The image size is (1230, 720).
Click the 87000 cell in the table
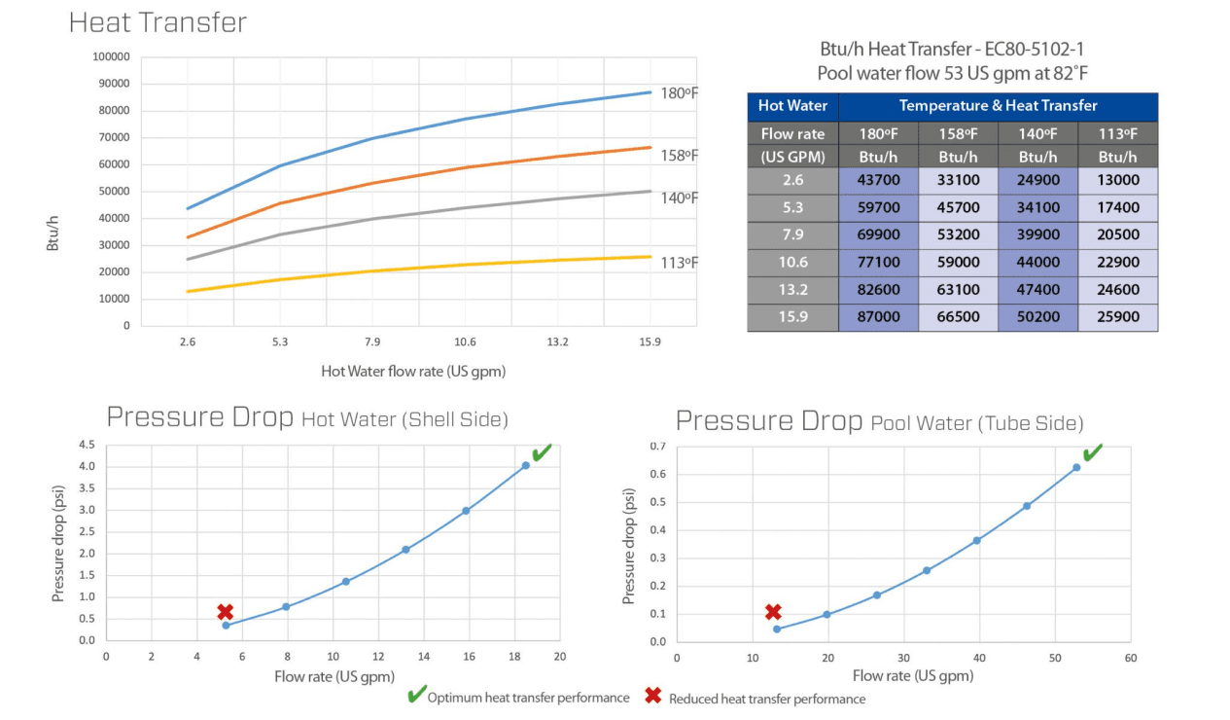click(x=879, y=317)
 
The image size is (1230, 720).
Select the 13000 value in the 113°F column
click(x=1117, y=180)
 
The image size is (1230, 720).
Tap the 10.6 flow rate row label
click(x=792, y=263)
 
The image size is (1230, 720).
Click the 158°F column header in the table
click(x=958, y=133)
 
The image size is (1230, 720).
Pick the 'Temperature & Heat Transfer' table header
click(x=998, y=106)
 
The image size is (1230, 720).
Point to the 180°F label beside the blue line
click(x=680, y=93)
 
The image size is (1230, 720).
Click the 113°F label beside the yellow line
click(x=680, y=263)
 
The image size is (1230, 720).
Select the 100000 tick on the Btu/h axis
click(x=111, y=56)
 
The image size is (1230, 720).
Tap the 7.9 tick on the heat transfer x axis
click(x=371, y=342)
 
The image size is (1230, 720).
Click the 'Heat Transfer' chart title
click(x=158, y=22)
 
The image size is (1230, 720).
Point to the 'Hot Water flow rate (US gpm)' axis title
click(x=413, y=371)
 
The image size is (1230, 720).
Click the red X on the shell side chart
click(x=226, y=612)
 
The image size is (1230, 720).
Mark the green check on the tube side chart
click(x=1093, y=452)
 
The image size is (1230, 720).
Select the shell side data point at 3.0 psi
click(x=466, y=511)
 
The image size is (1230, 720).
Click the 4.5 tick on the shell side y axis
click(x=87, y=445)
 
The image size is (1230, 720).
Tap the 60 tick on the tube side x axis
click(x=1130, y=658)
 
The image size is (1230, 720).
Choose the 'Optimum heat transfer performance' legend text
click(x=528, y=698)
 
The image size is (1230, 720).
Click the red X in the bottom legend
click(x=653, y=697)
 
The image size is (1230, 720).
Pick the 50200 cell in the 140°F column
click(x=1037, y=317)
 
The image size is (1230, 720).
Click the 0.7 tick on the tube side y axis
click(x=658, y=446)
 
